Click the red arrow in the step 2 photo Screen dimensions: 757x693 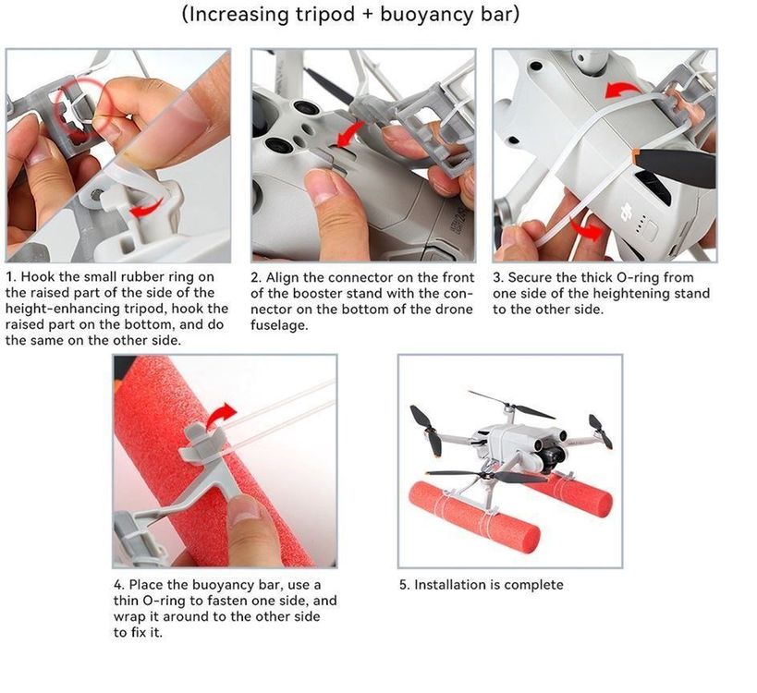pyautogui.click(x=350, y=134)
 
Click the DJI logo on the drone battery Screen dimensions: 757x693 pyautogui.click(x=627, y=212)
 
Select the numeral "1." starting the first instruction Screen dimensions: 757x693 pyautogui.click(x=12, y=277)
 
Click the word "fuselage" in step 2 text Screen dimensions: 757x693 pyautogui.click(x=278, y=325)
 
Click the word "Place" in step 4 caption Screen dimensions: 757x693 pyautogui.click(x=143, y=585)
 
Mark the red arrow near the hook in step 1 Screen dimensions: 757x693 pyautogui.click(x=147, y=209)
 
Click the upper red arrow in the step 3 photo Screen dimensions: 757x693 pyautogui.click(x=623, y=90)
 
